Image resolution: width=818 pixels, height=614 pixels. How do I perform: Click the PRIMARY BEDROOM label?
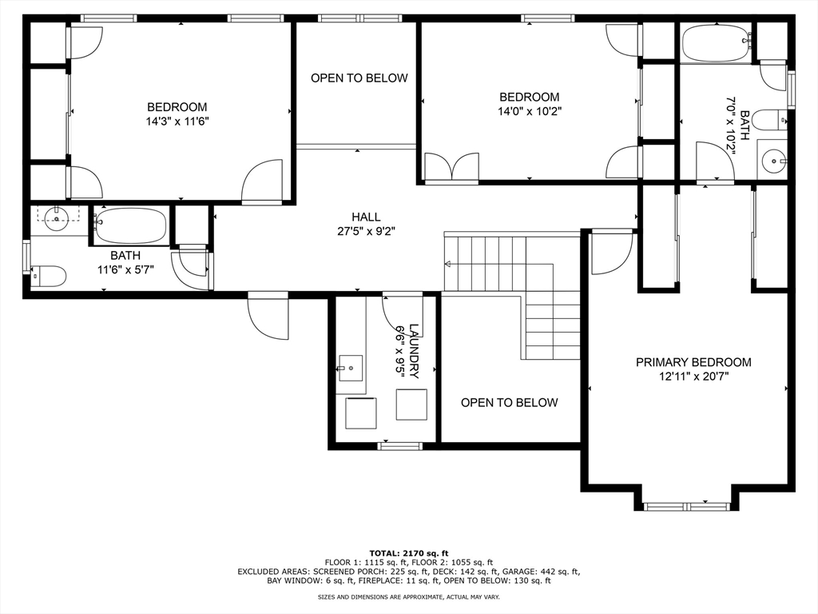[x=693, y=362]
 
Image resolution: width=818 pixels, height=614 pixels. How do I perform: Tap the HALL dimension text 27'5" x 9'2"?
[x=366, y=231]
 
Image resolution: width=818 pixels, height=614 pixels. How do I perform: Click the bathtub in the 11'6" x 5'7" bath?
[x=131, y=225]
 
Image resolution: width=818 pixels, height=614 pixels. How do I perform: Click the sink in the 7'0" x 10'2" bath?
[x=773, y=161]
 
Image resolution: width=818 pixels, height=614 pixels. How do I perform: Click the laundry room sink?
[x=349, y=369]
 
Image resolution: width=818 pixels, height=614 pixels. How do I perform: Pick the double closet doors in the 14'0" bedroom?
[x=451, y=169]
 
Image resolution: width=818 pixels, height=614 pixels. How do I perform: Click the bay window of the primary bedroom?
[x=687, y=505]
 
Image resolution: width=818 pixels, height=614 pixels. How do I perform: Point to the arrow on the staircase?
[x=449, y=264]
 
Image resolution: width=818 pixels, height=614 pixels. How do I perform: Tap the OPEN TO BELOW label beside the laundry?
[x=509, y=402]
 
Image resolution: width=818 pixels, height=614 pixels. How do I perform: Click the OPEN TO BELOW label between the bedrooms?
[x=359, y=78]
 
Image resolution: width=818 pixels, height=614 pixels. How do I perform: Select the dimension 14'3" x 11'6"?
[x=177, y=122]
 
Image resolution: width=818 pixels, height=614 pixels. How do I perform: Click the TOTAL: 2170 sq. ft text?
[x=408, y=553]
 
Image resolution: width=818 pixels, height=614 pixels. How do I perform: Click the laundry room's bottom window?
[x=399, y=445]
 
